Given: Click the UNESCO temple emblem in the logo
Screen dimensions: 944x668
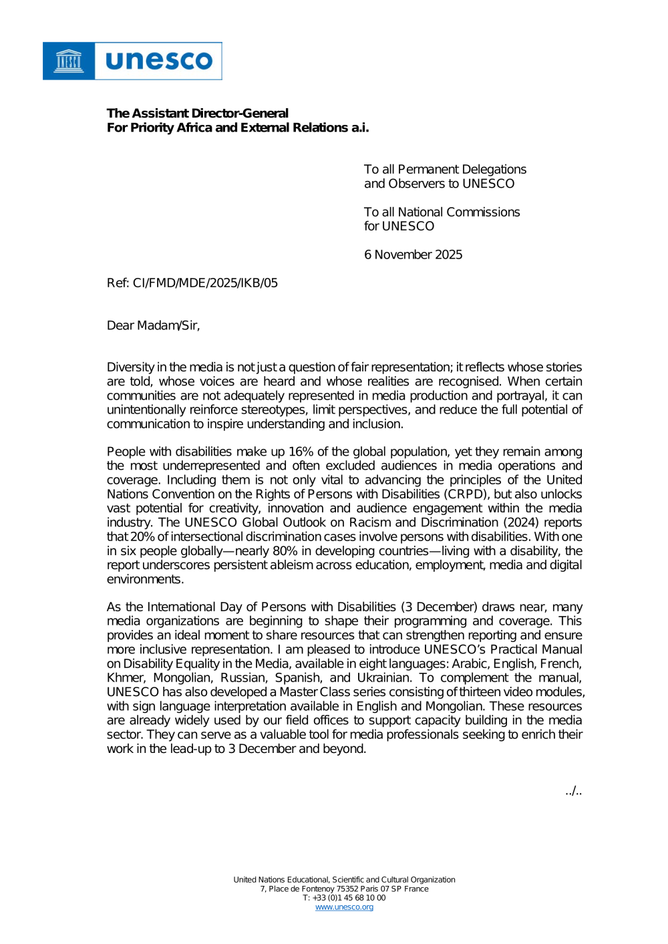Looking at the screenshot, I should tap(69, 61).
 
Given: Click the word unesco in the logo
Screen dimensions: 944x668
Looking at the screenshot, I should tap(159, 61).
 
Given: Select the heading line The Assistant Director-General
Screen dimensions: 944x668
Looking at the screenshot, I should tap(198, 114).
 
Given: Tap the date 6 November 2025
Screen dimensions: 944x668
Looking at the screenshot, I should tap(413, 255).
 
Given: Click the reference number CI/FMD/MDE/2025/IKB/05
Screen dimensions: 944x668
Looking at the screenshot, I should tap(205, 283).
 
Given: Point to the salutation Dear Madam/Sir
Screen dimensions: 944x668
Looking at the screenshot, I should tap(153, 325).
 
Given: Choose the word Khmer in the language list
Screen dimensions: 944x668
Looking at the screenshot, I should tap(125, 678).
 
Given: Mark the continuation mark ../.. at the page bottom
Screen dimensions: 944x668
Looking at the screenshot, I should tap(573, 792).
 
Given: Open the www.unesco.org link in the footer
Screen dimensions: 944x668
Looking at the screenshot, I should tap(344, 907).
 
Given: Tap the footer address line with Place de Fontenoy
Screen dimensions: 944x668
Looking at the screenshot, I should tap(344, 889).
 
